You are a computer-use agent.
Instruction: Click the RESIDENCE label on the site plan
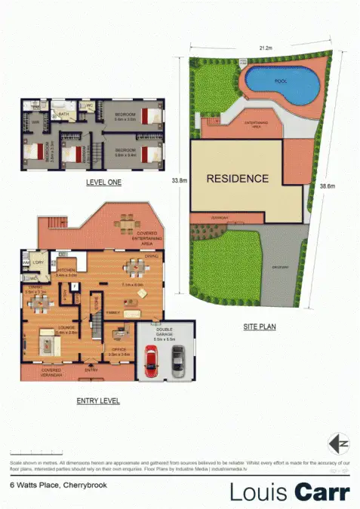click(237, 179)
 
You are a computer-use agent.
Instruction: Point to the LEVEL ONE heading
click(103, 182)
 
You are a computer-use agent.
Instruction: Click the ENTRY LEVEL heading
click(98, 400)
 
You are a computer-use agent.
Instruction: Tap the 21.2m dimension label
click(265, 48)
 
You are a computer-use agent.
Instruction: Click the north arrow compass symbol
click(338, 442)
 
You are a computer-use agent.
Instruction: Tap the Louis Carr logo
click(289, 491)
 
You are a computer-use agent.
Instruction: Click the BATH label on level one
click(65, 115)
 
